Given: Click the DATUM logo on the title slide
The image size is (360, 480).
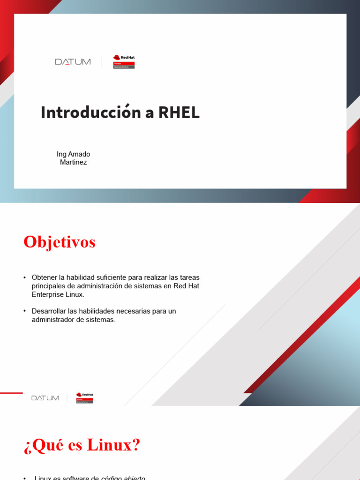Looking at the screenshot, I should click(73, 62).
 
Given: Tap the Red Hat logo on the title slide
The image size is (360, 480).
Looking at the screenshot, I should click(124, 62).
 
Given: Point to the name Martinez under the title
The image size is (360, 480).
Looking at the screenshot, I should click(73, 162).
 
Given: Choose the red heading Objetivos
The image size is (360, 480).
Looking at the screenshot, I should click(60, 242).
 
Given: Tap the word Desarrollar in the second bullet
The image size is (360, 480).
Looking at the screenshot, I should click(50, 311).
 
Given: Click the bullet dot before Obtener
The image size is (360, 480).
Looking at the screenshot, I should click(24, 278).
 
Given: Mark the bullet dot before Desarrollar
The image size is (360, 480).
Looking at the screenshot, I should click(24, 311).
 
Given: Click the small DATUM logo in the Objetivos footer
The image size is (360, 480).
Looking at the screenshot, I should click(45, 398).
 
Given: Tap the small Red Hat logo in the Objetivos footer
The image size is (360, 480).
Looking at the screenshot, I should click(85, 397).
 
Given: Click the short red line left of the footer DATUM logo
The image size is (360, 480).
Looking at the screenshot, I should click(11, 393).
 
